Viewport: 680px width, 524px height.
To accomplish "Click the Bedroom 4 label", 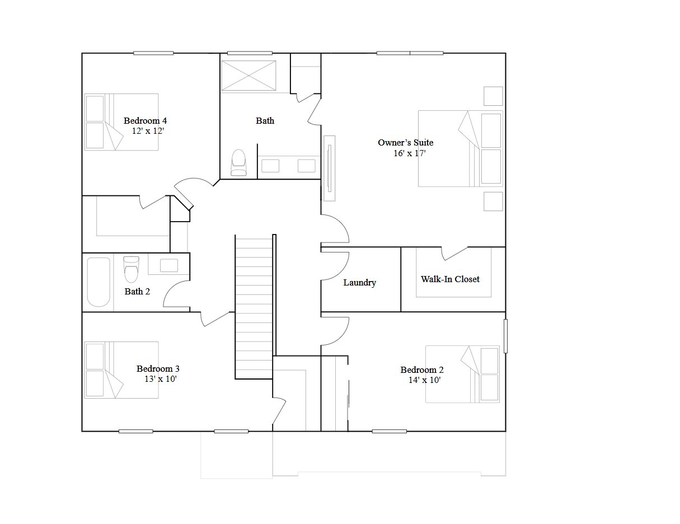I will [x=145, y=120].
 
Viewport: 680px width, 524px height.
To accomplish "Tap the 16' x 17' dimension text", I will [x=409, y=153].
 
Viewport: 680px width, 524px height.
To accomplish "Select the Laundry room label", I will [x=359, y=283].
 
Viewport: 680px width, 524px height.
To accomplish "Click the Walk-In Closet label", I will [x=450, y=279].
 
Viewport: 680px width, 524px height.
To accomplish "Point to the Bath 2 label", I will [x=137, y=291].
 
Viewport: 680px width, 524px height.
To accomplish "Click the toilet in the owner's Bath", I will [x=238, y=162].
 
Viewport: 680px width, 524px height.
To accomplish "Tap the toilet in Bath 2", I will [x=131, y=270].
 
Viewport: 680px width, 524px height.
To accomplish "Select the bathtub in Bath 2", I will [x=99, y=282].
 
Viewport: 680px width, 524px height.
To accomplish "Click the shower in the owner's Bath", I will [x=248, y=76].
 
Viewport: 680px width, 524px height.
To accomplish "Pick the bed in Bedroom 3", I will [x=121, y=370].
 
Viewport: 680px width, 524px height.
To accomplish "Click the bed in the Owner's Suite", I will [x=460, y=148].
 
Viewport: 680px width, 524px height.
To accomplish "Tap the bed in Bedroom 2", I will [x=462, y=374].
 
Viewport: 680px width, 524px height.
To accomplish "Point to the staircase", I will [x=254, y=307].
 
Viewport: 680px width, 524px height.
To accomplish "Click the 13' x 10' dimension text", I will [x=161, y=379].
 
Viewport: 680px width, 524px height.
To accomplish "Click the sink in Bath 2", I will [x=168, y=265].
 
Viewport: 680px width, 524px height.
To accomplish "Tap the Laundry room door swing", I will [x=336, y=266].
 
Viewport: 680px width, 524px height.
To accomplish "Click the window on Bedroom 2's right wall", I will [x=505, y=336].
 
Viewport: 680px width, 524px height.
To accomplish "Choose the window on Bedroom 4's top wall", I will [x=153, y=53].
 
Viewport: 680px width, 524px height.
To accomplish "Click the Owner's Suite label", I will [x=405, y=142].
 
